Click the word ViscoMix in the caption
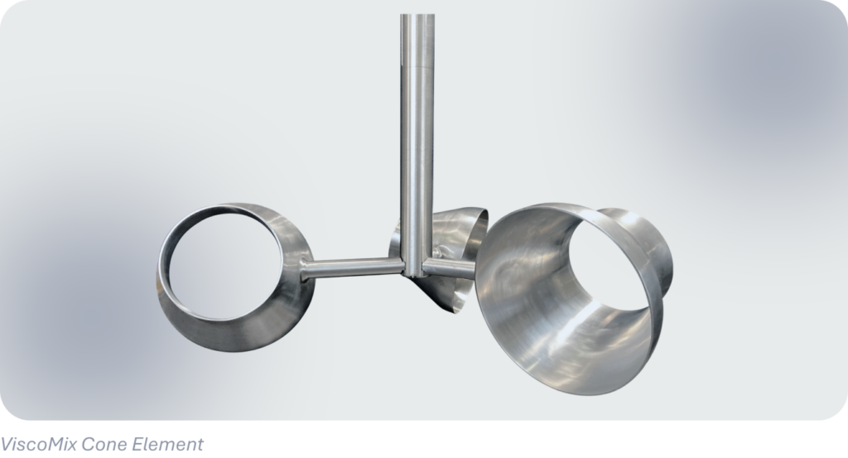point(38,445)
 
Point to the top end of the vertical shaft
point(417,15)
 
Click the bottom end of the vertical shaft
point(417,274)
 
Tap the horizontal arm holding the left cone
point(352,268)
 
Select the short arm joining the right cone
point(448,268)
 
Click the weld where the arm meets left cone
point(304,269)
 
